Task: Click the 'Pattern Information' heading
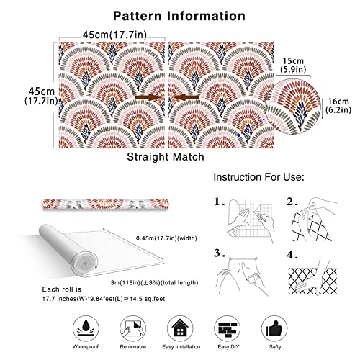(x=179, y=16)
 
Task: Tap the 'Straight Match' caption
(x=166, y=157)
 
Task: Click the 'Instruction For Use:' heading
(x=258, y=177)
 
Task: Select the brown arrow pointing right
(x=147, y=97)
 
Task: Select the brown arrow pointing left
(x=186, y=97)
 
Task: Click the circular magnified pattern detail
(x=293, y=107)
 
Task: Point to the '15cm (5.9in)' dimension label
(x=293, y=65)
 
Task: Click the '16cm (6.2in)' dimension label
(x=338, y=106)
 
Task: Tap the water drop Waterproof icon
(x=86, y=328)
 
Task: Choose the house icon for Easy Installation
(x=180, y=328)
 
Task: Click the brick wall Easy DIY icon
(x=228, y=328)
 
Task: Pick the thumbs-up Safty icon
(x=274, y=328)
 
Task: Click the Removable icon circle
(x=133, y=328)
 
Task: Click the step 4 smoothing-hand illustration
(x=312, y=277)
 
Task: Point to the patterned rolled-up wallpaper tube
(x=106, y=204)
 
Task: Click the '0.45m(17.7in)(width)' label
(x=166, y=238)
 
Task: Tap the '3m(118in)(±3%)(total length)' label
(x=155, y=283)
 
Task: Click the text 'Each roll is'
(x=62, y=289)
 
